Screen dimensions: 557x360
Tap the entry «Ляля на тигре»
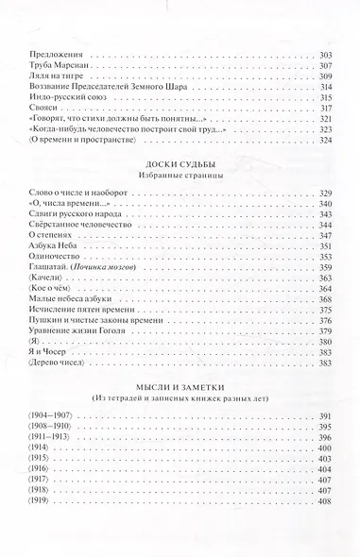click(x=42, y=76)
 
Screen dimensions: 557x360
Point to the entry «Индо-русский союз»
click(x=51, y=98)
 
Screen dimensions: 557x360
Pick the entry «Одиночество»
click(x=42, y=257)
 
